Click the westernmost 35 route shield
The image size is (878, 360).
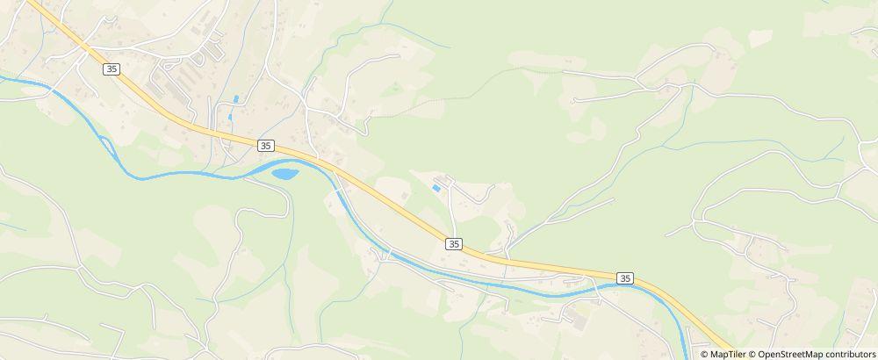click(x=111, y=68)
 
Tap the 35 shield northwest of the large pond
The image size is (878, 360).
click(x=266, y=145)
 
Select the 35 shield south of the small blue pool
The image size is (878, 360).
click(x=453, y=242)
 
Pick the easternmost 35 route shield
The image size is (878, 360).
click(x=624, y=277)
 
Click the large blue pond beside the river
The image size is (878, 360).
click(x=284, y=174)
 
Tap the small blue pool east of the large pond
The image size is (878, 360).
click(x=436, y=188)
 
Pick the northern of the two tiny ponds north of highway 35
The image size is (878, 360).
click(x=235, y=99)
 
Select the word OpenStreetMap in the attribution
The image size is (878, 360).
click(x=789, y=354)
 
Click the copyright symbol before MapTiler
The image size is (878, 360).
click(x=704, y=354)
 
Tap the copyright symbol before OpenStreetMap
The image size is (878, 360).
click(x=752, y=354)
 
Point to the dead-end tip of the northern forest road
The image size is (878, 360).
click(x=573, y=101)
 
